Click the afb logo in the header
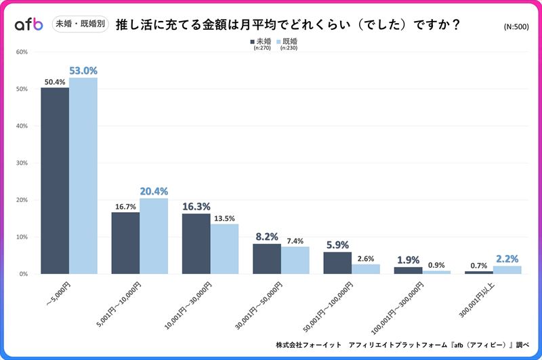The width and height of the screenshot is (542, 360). coord(28,25)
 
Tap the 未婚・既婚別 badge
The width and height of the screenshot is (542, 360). coord(80,25)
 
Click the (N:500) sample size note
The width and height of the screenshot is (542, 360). coord(518,26)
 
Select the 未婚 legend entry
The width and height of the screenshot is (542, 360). coord(260,41)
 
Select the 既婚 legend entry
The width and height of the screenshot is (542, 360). coord(287,41)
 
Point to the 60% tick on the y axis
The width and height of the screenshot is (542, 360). coord(22,52)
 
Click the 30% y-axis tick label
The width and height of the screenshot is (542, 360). coord(22,163)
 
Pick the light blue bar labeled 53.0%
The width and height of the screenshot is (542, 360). coord(83,176)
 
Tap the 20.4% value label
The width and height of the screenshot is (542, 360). coord(154,191)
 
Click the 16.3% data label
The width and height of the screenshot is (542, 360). coord(196,207)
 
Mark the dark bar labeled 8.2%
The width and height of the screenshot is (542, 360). coord(266,258)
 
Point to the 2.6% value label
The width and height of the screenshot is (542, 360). coord(366,258)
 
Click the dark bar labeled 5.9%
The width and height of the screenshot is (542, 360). coord(337,262)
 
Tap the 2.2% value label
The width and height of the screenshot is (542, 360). coord(507,259)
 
